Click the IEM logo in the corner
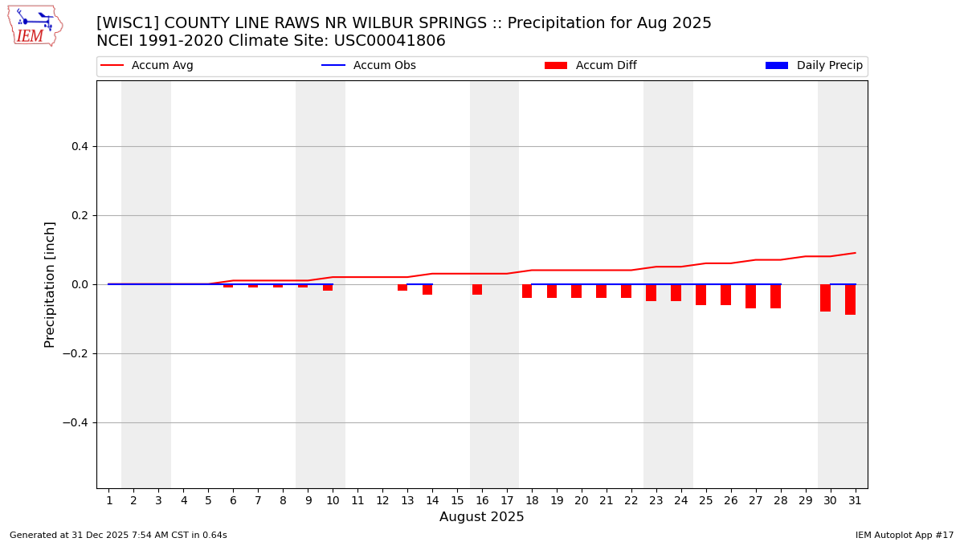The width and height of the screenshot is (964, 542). (35, 26)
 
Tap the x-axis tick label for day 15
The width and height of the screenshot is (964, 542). (457, 501)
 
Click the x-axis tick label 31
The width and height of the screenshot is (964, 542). (855, 501)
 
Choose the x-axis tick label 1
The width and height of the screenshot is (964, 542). (109, 501)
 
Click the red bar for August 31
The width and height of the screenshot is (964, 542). (850, 300)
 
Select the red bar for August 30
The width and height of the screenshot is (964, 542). (825, 298)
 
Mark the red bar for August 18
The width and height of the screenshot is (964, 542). (527, 291)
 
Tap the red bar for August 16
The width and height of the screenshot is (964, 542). (477, 289)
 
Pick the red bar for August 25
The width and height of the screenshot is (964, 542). (701, 295)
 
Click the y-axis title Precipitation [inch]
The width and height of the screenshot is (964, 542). (50, 284)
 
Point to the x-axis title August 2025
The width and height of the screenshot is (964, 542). (481, 518)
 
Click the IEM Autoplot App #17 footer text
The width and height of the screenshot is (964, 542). (905, 536)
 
